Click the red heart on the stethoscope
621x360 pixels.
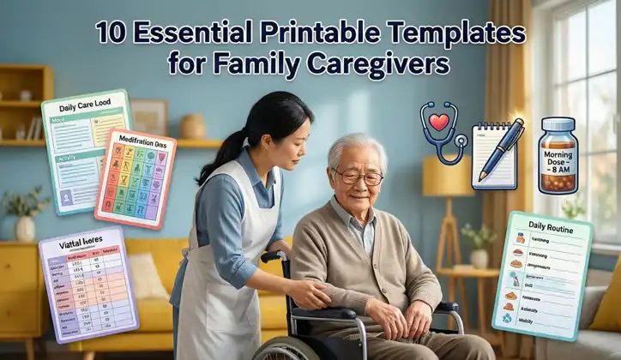(x=440, y=122)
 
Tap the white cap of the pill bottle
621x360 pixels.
(x=558, y=125)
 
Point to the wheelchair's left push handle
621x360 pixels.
(x=273, y=255)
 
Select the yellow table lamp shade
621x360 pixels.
(x=447, y=176)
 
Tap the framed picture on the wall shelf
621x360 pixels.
(x=150, y=117)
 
